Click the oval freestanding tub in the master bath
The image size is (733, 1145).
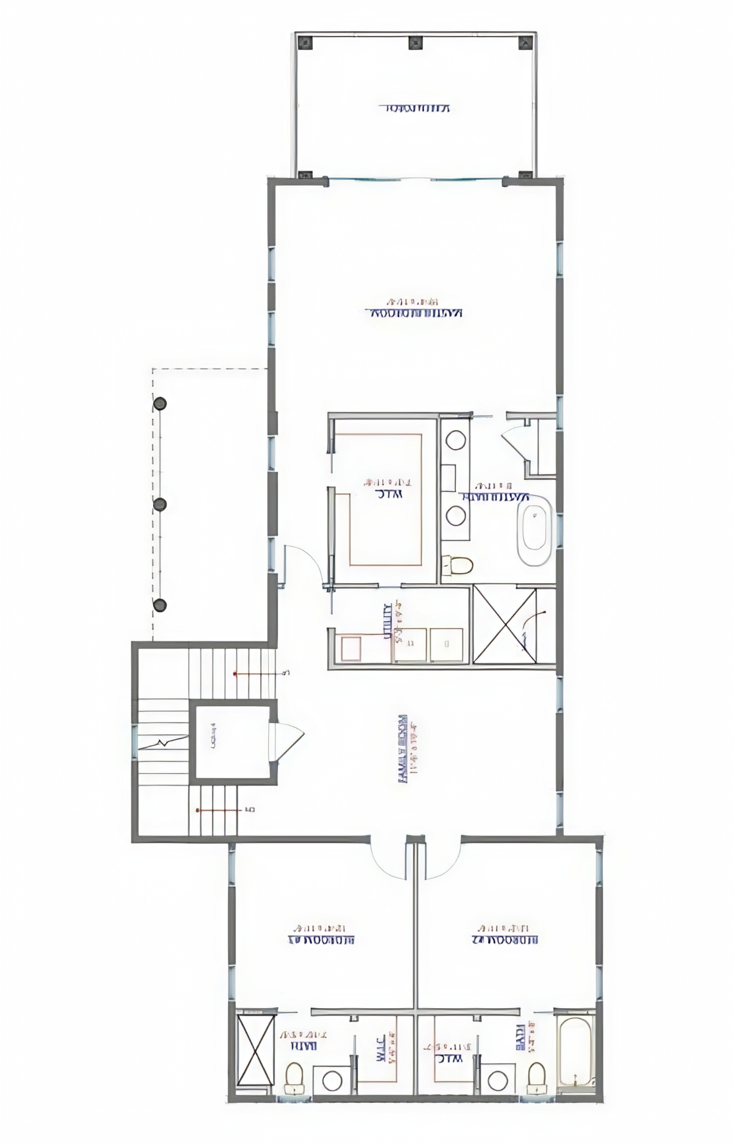click(x=534, y=530)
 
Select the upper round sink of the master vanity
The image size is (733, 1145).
click(x=455, y=440)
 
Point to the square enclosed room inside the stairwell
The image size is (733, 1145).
click(x=232, y=742)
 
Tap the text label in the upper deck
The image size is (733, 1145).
click(x=415, y=109)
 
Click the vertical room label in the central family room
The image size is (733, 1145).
click(x=403, y=748)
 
